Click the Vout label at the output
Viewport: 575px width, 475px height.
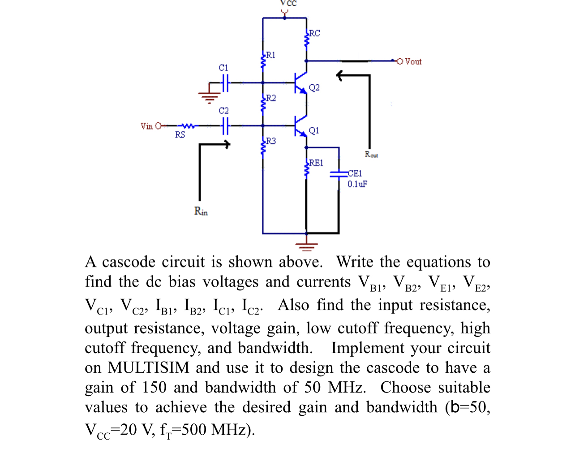(413, 61)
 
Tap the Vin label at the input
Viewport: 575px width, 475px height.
(146, 126)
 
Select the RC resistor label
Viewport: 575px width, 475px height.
(315, 33)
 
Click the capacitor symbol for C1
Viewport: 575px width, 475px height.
(225, 82)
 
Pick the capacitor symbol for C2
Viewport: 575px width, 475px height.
(225, 126)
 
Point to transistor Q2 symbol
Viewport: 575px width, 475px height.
(300, 83)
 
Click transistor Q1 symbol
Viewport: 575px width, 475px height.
(300, 126)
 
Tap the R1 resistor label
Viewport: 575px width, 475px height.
(270, 55)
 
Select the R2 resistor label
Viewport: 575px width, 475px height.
(270, 98)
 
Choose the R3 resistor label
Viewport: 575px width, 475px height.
(270, 141)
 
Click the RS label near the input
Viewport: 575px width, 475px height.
(180, 135)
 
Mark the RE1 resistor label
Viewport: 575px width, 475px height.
(316, 163)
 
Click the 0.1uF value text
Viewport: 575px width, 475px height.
(357, 184)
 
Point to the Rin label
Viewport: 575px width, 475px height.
(201, 211)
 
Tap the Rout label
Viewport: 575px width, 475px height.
(371, 155)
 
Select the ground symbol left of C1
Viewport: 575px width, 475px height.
(209, 95)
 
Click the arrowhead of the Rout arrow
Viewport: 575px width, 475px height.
(340, 76)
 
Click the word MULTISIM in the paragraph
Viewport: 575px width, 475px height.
(149, 367)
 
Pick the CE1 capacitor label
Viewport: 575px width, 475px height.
(355, 173)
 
